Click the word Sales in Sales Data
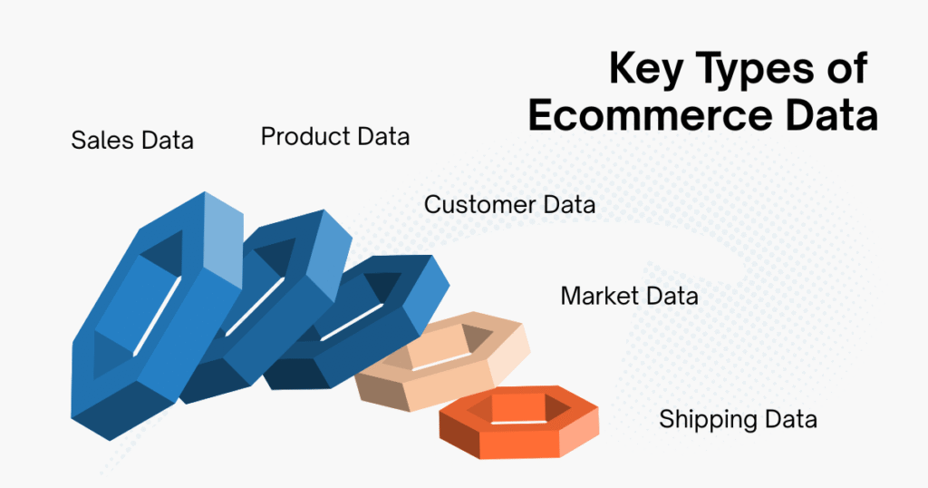[102, 141]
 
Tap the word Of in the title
[846, 70]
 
